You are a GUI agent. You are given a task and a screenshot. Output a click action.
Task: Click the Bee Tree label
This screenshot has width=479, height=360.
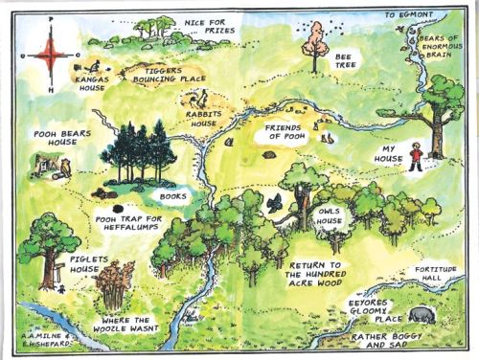pyautogui.click(x=345, y=63)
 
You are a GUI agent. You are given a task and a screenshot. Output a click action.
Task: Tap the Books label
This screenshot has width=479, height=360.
pyautogui.click(x=173, y=195)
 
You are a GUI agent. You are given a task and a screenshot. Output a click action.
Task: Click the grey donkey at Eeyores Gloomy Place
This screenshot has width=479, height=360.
pyautogui.click(x=421, y=313)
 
